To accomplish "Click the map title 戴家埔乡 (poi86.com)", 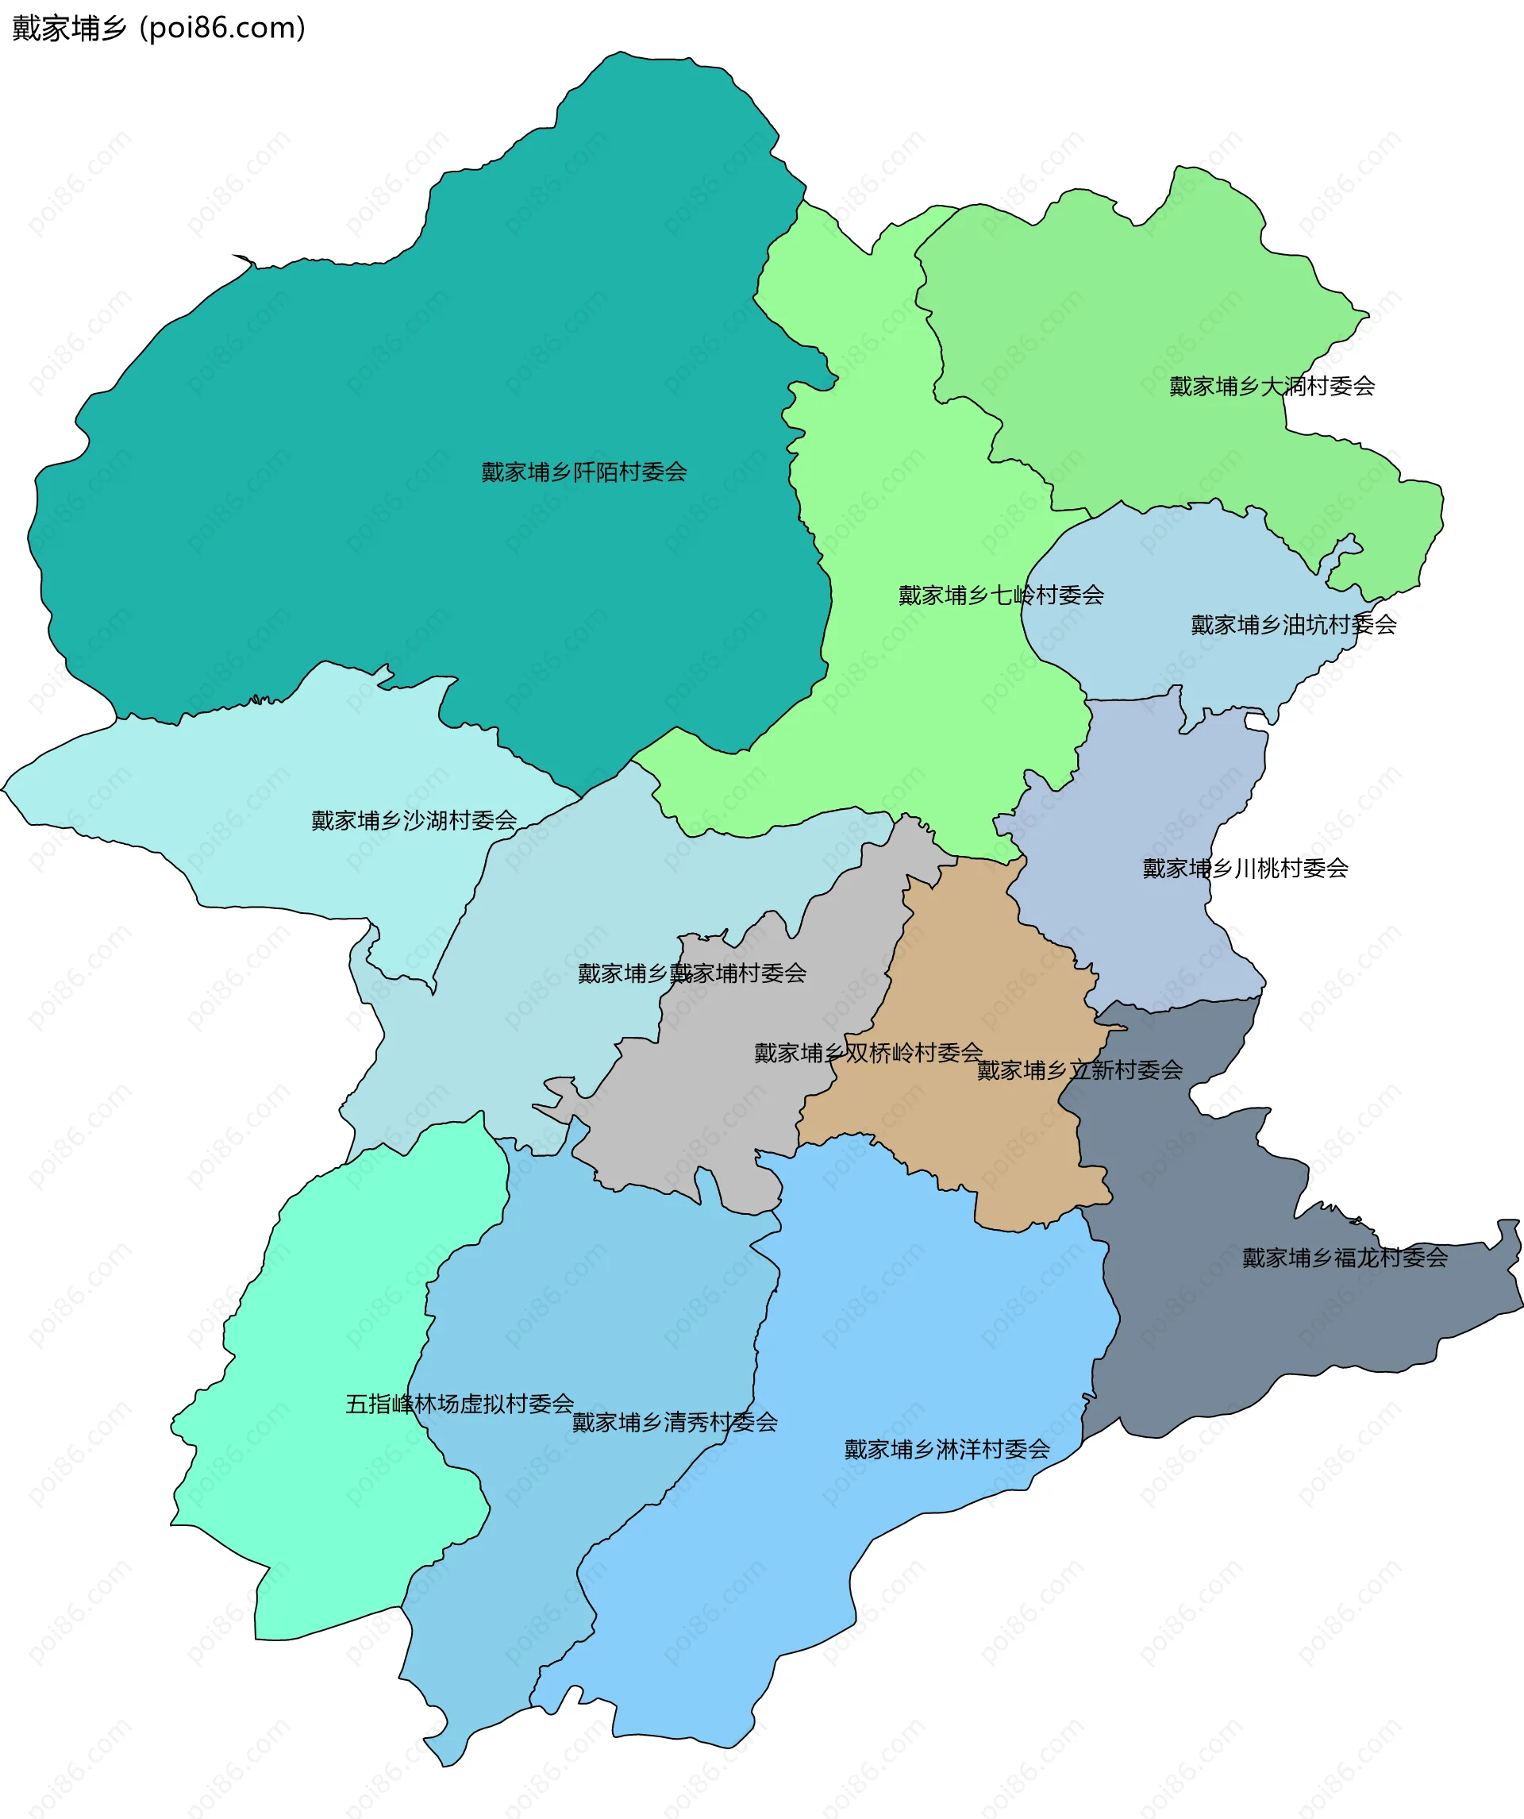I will coord(159,29).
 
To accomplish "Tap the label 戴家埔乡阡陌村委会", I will coord(583,472).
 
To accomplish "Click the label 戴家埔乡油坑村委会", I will coord(1293,625).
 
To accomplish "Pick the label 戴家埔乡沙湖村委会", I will coord(414,820).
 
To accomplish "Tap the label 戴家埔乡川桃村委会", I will coord(1245,868).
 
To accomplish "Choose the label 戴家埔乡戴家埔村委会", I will coord(691,973).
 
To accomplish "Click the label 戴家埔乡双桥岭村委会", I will coord(868,1054).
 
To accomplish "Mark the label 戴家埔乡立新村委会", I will coord(1079,1070).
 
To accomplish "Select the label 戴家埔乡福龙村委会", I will coord(1344,1258).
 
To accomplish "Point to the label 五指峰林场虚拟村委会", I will coord(459,1403).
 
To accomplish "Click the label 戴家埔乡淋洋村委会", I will coord(946,1449).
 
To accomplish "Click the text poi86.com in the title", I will coord(222,29).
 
